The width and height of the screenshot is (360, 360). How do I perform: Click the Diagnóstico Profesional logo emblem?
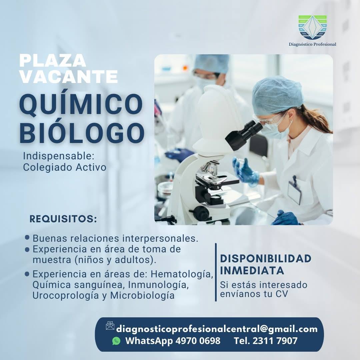312,27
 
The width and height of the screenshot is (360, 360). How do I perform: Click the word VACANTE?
68,77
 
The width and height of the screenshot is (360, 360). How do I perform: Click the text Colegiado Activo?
65,167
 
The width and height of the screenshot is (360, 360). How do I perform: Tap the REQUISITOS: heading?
63,219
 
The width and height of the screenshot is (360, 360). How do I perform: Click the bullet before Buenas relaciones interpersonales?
27,238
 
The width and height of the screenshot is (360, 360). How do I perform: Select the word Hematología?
182,274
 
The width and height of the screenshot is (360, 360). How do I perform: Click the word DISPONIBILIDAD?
266,258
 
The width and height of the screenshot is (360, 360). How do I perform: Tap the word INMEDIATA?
252,270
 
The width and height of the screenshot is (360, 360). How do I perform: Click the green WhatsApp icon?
116,341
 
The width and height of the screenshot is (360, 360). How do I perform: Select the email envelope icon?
110,326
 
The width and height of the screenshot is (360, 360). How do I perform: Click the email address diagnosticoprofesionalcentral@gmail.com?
217,329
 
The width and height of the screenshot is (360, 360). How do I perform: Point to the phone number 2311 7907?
275,341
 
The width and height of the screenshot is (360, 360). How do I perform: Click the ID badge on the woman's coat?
294,191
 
